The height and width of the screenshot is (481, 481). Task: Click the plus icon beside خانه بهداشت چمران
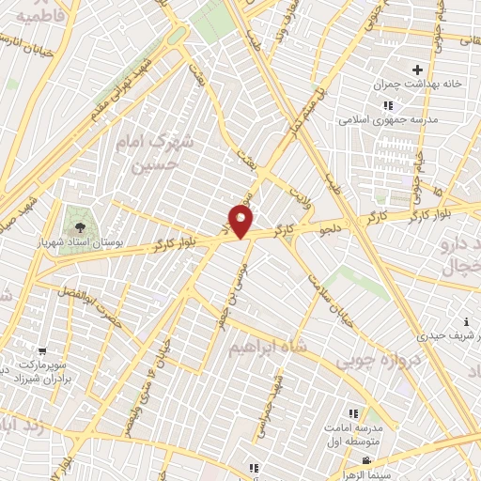[x=418, y=70]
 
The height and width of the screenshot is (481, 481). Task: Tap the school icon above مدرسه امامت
[x=353, y=412]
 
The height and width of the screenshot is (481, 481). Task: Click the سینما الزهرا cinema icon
[x=365, y=460]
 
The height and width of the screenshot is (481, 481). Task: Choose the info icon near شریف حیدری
[x=467, y=321]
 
